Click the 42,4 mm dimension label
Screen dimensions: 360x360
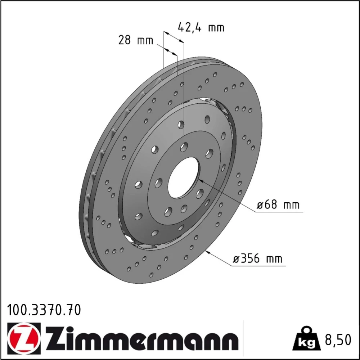201,28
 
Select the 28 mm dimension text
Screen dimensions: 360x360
135,40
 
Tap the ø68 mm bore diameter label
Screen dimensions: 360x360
278,204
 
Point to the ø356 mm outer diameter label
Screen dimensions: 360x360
257,259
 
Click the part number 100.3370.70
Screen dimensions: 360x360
44,310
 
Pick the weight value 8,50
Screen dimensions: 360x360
338,340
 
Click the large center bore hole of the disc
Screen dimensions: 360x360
184,177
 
